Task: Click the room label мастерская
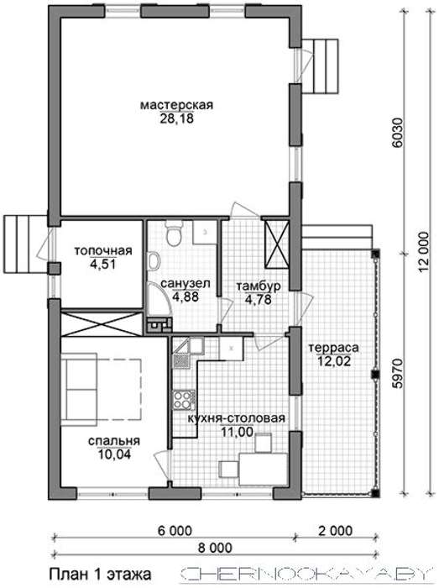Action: click(x=177, y=105)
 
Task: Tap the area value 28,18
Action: click(x=177, y=119)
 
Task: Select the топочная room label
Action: click(x=103, y=250)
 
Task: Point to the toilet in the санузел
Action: click(x=174, y=234)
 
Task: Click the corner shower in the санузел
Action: click(x=159, y=300)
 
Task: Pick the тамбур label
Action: click(x=258, y=286)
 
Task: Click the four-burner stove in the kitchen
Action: click(x=184, y=400)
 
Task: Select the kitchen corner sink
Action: click(x=188, y=346)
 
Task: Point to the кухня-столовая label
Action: click(x=236, y=417)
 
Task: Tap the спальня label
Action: click(x=114, y=441)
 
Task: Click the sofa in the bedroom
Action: click(x=79, y=389)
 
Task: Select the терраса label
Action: click(x=333, y=348)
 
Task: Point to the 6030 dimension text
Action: click(x=397, y=134)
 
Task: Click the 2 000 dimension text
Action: click(x=335, y=530)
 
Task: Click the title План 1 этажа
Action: click(x=101, y=574)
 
